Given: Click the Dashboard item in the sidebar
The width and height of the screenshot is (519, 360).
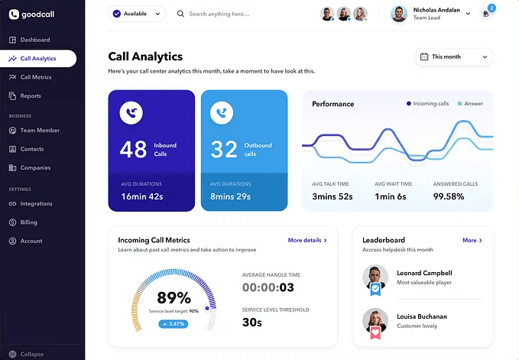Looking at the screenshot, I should point(34,40).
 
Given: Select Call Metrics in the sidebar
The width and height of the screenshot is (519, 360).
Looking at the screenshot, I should point(35,77).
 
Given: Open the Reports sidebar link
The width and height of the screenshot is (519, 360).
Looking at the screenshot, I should point(31,96).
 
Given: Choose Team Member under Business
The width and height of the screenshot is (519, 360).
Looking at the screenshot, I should point(39,131).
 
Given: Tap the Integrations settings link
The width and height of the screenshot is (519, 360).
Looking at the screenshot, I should point(36,204).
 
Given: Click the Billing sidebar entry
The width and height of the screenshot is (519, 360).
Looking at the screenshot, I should point(28,222).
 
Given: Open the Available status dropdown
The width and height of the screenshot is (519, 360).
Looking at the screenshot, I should point(137,14).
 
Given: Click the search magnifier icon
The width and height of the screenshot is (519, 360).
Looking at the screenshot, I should point(181,14).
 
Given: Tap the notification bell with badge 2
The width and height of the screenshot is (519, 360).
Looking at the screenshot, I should point(485,14).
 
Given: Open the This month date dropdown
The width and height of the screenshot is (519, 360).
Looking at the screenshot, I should point(453,57).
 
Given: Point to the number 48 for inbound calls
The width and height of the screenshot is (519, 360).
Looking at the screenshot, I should point(133,149).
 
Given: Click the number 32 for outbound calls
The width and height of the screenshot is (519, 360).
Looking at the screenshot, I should point(223,149).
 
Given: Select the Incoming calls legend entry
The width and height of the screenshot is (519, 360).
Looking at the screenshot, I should point(429,103).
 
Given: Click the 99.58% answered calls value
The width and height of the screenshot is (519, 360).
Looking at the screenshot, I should point(449,196).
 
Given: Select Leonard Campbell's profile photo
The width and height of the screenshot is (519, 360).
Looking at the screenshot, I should point(375,276).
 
